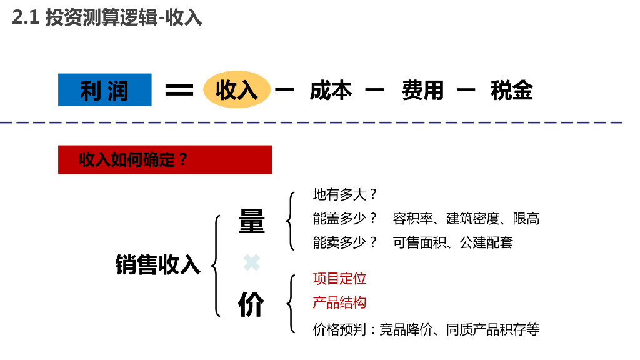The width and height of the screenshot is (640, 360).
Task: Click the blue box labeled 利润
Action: click(104, 90)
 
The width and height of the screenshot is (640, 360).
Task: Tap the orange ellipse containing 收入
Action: click(237, 90)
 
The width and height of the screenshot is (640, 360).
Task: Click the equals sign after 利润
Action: click(179, 90)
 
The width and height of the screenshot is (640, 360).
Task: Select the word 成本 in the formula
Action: click(331, 90)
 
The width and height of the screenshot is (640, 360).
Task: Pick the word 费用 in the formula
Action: click(423, 90)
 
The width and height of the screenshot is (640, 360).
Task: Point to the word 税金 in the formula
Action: click(512, 90)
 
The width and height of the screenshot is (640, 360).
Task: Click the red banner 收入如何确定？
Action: click(165, 159)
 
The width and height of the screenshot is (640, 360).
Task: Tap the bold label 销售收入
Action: click(157, 264)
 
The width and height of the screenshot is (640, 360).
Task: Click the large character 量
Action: click(251, 222)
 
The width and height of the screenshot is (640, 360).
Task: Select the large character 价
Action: click(251, 304)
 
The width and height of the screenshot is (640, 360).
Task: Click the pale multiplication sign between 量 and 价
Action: click(251, 263)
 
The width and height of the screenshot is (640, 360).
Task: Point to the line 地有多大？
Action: click(345, 195)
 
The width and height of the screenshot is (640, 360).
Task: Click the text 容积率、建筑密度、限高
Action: click(466, 219)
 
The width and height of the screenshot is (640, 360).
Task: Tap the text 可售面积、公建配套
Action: click(452, 242)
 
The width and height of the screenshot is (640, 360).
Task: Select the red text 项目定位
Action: click(339, 279)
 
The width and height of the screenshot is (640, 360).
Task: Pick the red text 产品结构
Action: click(339, 303)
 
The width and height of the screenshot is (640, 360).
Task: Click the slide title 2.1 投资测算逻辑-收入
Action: click(107, 17)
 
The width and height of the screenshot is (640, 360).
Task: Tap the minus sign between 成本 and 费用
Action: click(374, 90)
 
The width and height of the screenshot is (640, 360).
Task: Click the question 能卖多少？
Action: click(345, 242)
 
